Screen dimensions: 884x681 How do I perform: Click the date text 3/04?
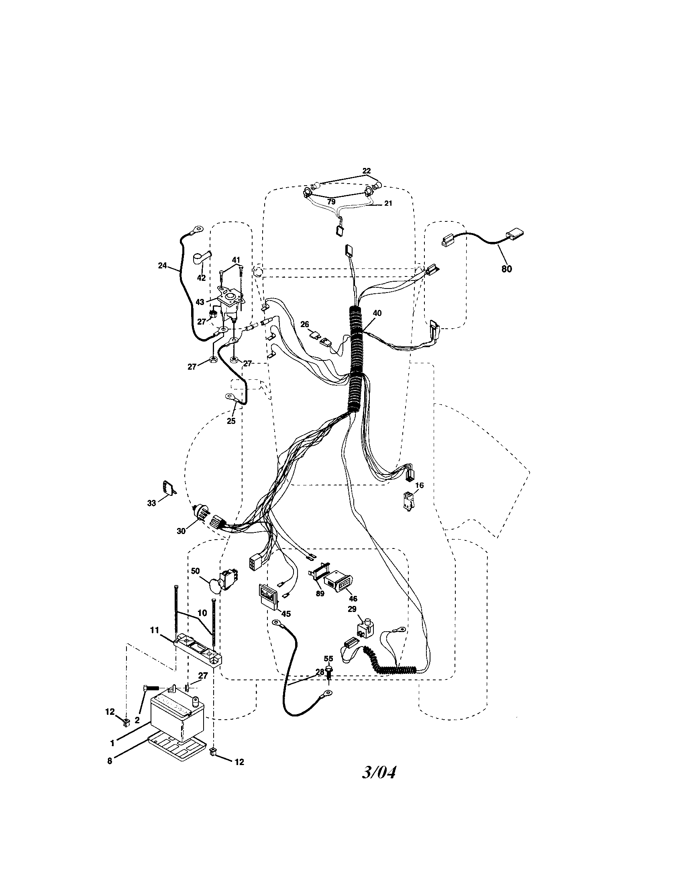379,772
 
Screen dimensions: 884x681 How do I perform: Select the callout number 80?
506,268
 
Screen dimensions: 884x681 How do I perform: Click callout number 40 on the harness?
377,313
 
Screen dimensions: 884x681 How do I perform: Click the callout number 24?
162,266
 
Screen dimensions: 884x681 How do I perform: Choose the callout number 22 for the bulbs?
366,171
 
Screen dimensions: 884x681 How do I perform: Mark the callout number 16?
419,485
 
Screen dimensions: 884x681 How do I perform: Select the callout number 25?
230,421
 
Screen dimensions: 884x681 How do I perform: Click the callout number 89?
320,594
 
